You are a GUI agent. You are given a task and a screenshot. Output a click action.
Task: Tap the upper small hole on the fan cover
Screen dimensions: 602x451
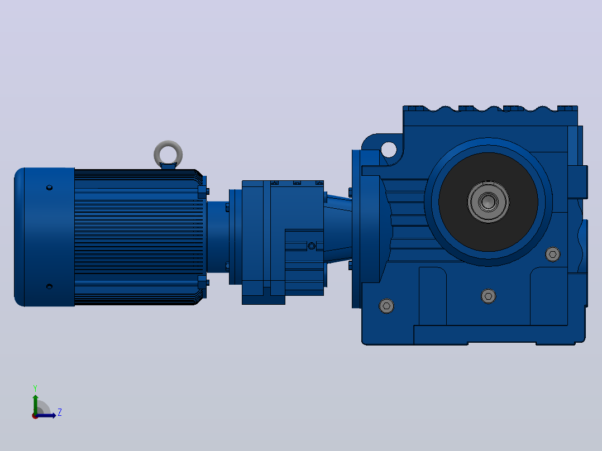[x=49, y=188]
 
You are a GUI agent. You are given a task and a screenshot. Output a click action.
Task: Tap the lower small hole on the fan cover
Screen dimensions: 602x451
[x=49, y=286]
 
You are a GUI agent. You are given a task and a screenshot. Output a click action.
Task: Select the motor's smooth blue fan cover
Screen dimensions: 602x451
[x=44, y=237]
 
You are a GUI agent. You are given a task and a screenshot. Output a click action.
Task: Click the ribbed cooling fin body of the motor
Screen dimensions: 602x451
[x=138, y=237]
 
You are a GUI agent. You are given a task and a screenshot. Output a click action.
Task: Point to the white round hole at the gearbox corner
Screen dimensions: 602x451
[x=389, y=149]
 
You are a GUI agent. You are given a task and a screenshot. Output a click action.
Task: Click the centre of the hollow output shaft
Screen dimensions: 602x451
[x=488, y=201]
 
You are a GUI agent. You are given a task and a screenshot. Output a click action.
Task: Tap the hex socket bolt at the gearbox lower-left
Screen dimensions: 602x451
[x=386, y=306]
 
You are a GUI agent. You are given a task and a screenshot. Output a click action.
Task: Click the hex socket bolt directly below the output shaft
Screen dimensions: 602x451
[x=488, y=296]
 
